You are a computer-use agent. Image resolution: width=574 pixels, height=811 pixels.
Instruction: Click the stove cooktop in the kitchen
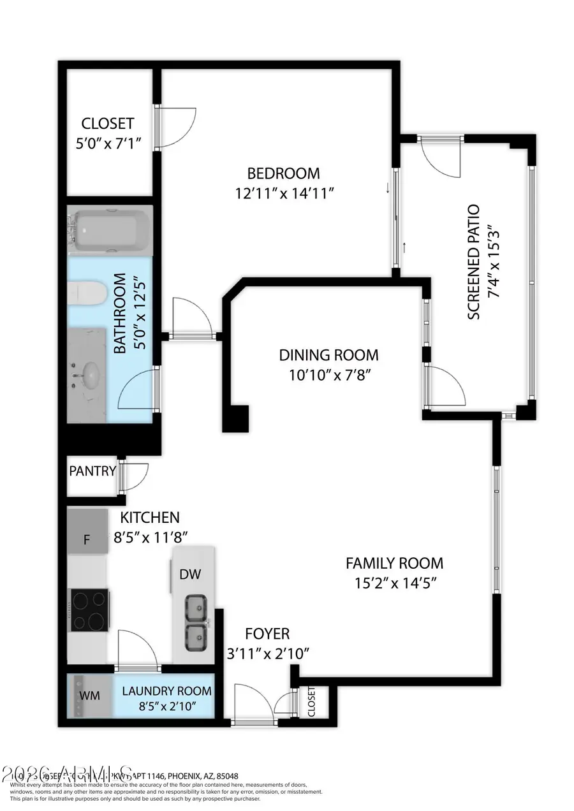pos(89,610)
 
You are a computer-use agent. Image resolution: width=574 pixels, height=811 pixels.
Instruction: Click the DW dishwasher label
pos(189,574)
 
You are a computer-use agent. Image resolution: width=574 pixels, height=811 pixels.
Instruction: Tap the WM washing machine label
pos(89,695)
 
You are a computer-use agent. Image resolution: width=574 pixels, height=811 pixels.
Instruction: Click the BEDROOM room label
pos(283,173)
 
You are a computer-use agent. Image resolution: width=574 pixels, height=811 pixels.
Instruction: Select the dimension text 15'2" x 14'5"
pos(394,582)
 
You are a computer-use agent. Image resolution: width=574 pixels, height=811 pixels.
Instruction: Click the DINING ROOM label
pos(328,354)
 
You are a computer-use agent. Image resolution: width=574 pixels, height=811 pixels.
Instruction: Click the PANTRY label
pos(92,472)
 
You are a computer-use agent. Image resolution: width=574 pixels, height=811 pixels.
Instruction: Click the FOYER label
pos(268,634)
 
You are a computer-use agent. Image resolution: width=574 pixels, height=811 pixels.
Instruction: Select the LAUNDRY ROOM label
pos(166,690)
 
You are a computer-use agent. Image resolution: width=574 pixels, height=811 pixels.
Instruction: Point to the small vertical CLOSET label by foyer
pos(311,702)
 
